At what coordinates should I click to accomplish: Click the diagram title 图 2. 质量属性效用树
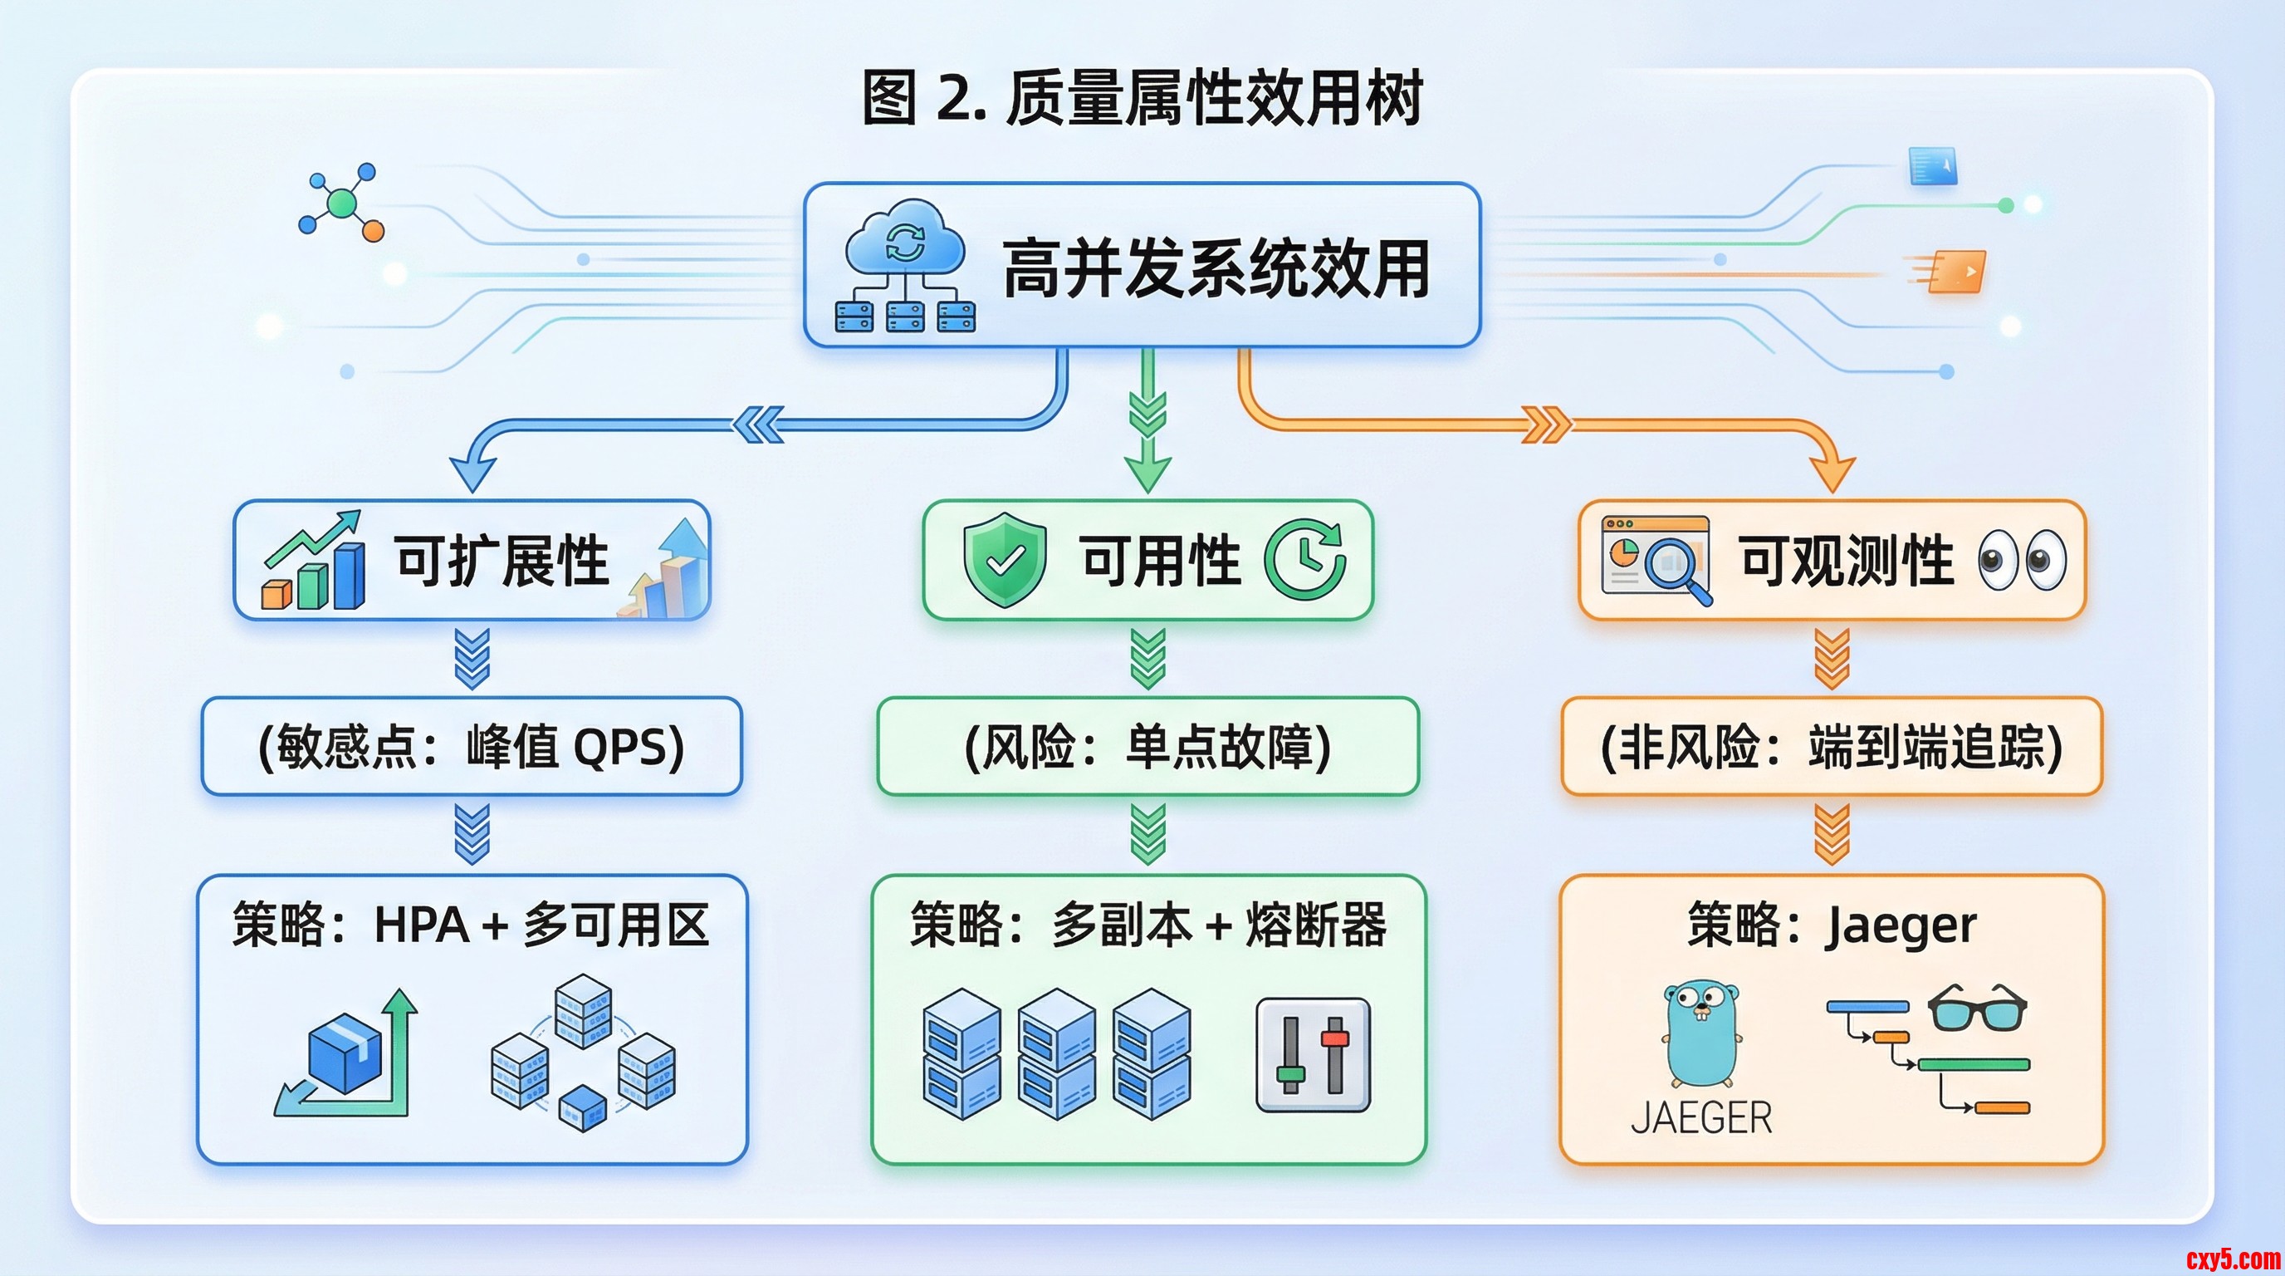[1142, 97]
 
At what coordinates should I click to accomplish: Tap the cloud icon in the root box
[905, 238]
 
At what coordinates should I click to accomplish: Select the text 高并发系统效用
[1216, 268]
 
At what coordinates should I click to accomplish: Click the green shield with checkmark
[1005, 559]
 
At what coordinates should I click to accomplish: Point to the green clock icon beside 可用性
[1305, 560]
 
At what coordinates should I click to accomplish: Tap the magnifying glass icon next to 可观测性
[1675, 565]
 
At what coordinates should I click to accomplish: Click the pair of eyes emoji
[2022, 561]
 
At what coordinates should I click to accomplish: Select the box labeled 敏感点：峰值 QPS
[471, 746]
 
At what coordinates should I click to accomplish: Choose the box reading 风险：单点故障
[1147, 746]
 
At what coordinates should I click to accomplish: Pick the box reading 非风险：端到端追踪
[1832, 746]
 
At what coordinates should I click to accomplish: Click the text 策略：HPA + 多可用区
[471, 925]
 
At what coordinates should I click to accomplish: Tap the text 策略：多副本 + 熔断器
[1147, 925]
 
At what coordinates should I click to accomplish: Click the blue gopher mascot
[1701, 1033]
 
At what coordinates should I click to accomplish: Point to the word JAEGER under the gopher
[1701, 1118]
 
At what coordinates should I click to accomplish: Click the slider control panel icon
[1313, 1055]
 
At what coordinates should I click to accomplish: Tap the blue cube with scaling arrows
[347, 1054]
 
